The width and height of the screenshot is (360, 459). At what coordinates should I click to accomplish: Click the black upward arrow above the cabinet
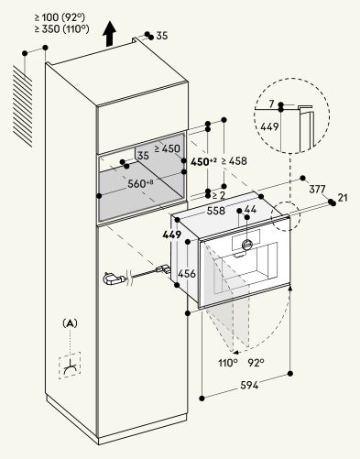pos(109,34)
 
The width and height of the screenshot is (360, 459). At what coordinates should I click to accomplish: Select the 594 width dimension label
pos(249,385)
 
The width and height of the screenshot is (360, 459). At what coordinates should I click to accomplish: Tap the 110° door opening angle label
pos(228,363)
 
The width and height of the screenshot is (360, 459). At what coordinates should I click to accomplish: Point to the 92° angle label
pos(256,363)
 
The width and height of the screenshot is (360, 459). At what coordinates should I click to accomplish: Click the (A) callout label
pos(70,323)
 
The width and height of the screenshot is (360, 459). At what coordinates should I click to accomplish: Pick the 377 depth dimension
pos(317,189)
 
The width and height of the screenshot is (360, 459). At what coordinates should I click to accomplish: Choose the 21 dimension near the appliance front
pos(343,198)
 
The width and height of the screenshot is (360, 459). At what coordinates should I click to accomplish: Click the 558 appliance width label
pos(216,211)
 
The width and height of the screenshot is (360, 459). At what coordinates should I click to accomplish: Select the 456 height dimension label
pos(187,273)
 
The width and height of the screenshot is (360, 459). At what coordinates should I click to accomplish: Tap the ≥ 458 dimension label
pos(234,161)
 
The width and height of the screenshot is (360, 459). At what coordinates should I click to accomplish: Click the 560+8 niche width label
pos(140,183)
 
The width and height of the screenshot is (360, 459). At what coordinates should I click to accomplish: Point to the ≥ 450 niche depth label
pos(167,148)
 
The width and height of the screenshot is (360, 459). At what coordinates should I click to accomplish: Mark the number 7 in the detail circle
pos(272,104)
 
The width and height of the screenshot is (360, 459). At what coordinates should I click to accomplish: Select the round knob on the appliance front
pos(247,244)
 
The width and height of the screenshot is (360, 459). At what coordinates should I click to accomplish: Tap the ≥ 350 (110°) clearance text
pos(61,29)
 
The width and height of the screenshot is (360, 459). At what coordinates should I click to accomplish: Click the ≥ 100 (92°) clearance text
pos(60,17)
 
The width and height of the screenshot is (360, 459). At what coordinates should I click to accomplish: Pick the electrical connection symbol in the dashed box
pos(70,366)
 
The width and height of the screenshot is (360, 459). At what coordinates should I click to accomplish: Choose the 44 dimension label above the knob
pos(250,209)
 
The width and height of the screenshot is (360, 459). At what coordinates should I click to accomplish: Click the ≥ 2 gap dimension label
pos(218,195)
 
